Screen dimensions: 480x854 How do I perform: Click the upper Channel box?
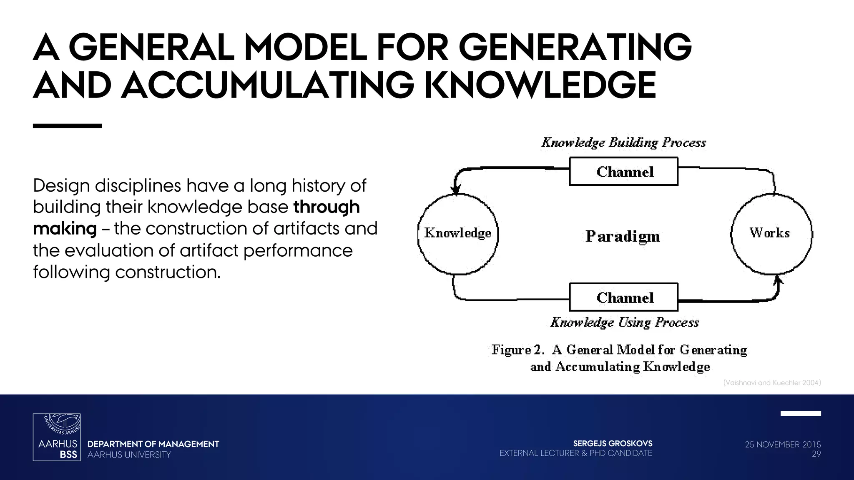click(x=623, y=171)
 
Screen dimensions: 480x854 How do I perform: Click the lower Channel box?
click(x=623, y=297)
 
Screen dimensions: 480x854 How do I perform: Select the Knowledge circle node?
click(x=458, y=233)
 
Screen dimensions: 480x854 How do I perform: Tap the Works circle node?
click(x=771, y=233)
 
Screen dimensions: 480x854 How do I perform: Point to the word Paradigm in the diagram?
click(x=623, y=236)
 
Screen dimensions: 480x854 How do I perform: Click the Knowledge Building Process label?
click(x=623, y=142)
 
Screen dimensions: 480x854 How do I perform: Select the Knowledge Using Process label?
click(x=624, y=322)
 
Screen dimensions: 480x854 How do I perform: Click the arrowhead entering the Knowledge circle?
click(x=456, y=190)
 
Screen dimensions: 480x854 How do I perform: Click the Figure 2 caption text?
click(x=620, y=358)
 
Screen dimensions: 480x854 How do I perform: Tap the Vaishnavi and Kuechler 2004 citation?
click(x=772, y=382)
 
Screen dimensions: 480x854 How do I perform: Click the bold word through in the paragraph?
click(x=327, y=207)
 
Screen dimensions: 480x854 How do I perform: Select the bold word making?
click(x=65, y=229)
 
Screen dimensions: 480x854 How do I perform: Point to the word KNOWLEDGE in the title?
click(x=540, y=85)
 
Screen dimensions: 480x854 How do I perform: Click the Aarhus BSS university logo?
click(x=57, y=437)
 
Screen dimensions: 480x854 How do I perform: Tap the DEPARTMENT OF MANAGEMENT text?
click(x=153, y=444)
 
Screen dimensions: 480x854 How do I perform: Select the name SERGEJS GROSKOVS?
click(x=613, y=443)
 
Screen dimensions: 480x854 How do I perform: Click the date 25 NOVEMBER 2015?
click(x=783, y=445)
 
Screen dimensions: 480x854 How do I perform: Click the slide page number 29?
click(x=816, y=454)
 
